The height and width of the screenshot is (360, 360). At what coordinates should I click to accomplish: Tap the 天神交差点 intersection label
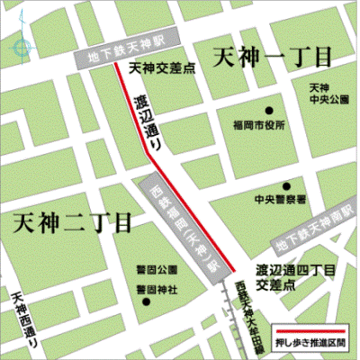tap(157, 67)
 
